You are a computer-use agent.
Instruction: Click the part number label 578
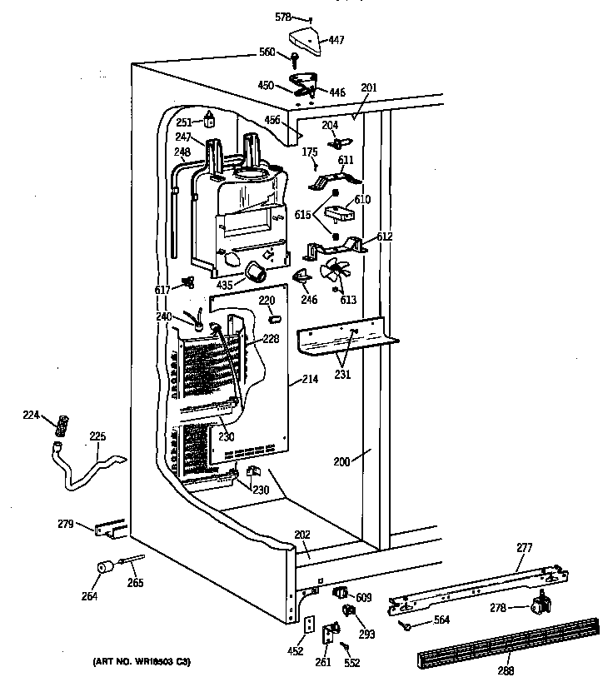[x=283, y=17]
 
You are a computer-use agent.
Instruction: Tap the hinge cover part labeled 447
[x=305, y=39]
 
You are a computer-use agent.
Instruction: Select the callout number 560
[x=267, y=52]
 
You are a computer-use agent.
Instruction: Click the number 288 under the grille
[x=505, y=670]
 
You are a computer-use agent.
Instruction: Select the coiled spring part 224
[x=60, y=426]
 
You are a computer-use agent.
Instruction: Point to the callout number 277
[x=547, y=547]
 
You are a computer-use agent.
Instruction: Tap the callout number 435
[x=225, y=285]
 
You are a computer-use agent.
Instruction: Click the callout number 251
[x=184, y=122]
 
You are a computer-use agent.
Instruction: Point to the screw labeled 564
[x=406, y=625]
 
